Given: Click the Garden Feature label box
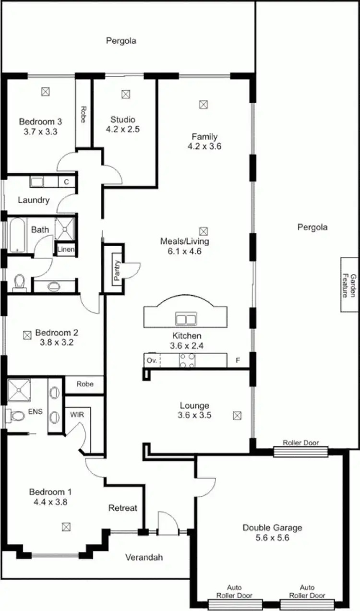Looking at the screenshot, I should (349, 285).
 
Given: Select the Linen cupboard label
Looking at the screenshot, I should (66, 250).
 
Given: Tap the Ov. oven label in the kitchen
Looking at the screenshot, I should (152, 360).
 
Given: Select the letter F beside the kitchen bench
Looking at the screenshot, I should (237, 360).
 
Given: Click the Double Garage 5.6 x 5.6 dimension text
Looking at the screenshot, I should (272, 538).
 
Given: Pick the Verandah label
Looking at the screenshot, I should (144, 557).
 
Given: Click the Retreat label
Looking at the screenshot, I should (122, 508).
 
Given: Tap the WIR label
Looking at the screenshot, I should (77, 414).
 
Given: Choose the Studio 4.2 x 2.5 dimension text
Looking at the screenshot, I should (123, 129).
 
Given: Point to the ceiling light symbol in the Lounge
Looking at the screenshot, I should (237, 416).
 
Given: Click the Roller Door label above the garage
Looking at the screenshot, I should (300, 443).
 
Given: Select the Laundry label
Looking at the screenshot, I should (34, 200).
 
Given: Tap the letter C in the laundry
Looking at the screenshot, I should (66, 182).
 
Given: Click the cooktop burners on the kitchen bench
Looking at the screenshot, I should (187, 360).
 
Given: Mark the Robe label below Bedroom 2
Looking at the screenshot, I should (84, 384).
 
